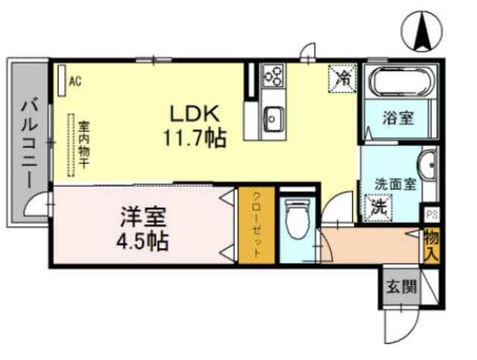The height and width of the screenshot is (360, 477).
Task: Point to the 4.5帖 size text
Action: (x=143, y=241)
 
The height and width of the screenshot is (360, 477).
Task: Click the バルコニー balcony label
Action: (x=28, y=142)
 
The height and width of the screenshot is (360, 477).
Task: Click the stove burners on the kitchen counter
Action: (x=274, y=75)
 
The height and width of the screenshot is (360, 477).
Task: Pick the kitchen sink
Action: (x=274, y=117)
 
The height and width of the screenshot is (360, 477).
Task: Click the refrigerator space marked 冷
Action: (x=344, y=77)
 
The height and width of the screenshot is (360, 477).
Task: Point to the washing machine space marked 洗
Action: (x=379, y=206)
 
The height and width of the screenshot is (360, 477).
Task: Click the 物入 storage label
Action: (x=431, y=245)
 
